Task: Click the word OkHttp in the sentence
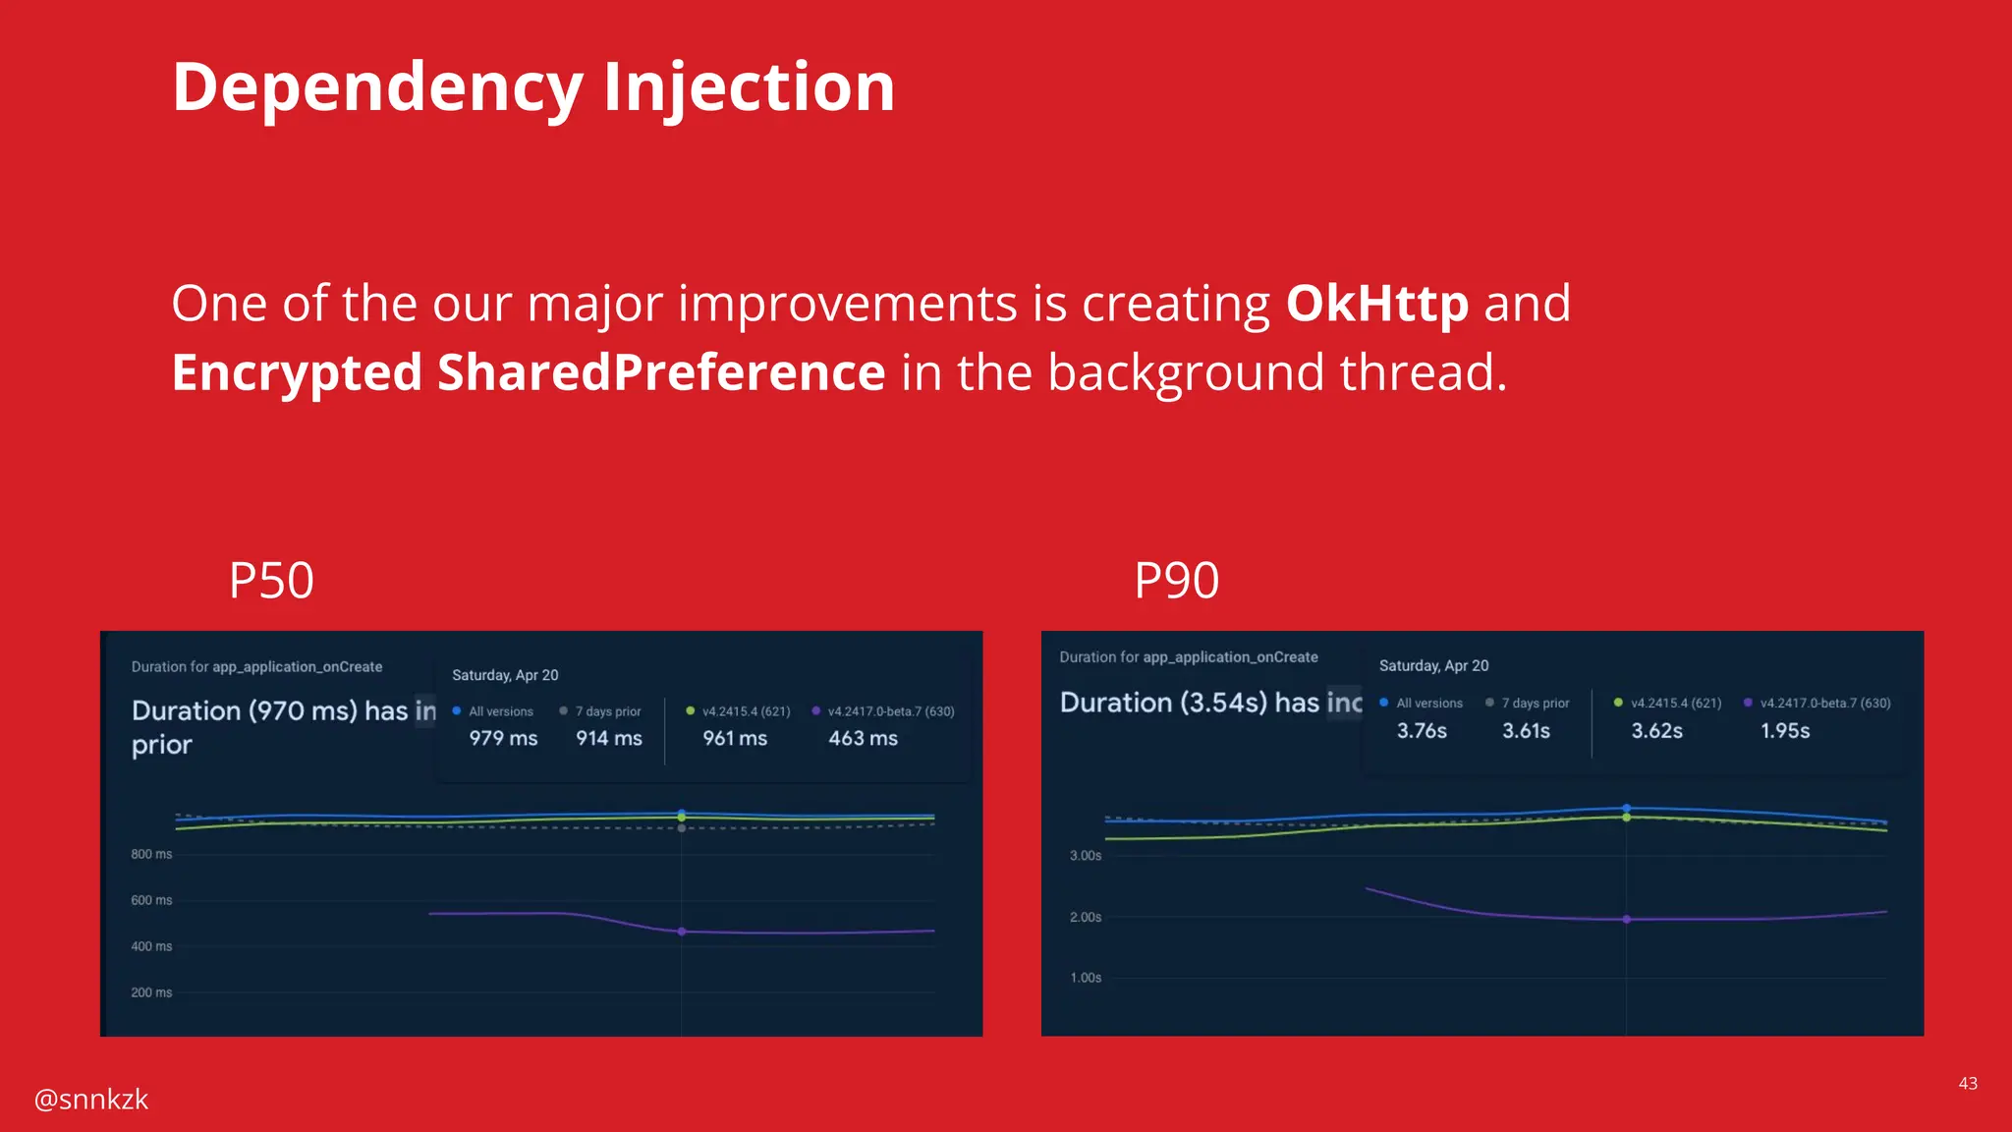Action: point(1376,304)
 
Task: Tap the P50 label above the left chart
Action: point(271,580)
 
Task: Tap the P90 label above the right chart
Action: point(1176,580)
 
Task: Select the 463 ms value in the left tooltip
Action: point(863,738)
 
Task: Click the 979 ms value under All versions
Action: point(503,738)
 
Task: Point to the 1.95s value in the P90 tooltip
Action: point(1784,731)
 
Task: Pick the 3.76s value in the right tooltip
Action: point(1422,731)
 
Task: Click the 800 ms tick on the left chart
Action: point(151,854)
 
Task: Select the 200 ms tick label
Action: point(151,992)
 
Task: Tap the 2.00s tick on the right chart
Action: point(1086,917)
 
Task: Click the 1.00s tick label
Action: point(1086,978)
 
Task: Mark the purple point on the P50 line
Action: point(682,932)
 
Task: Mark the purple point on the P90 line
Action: point(1627,920)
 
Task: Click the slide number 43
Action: point(1967,1083)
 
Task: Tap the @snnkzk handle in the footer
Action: point(91,1099)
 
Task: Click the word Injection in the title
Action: point(748,87)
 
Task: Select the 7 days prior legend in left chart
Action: point(607,711)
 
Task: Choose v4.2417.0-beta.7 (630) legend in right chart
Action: point(1824,704)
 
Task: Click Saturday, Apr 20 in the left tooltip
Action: point(505,675)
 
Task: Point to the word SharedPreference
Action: point(661,373)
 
